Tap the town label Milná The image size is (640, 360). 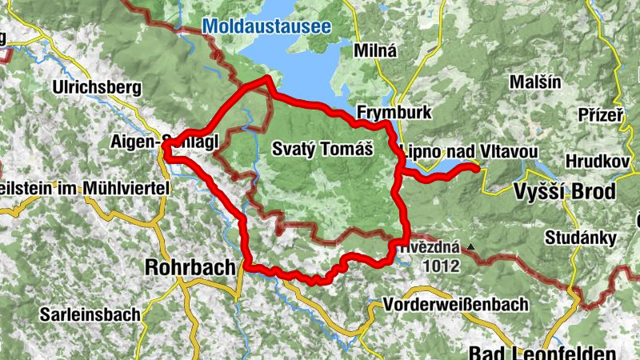[374, 50]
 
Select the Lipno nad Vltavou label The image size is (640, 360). [467, 151]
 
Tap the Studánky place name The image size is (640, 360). [580, 238]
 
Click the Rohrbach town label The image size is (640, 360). [190, 267]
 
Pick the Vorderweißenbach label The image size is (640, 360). [456, 305]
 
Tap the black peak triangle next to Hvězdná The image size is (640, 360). [474, 247]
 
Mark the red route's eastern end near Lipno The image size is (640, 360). [477, 168]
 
